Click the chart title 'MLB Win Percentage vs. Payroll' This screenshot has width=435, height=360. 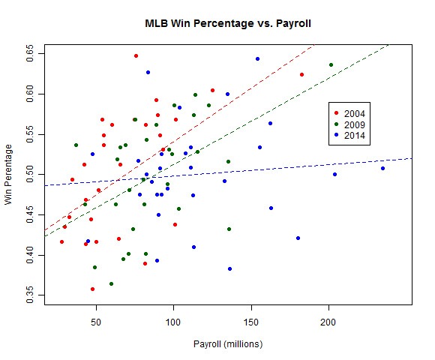click(x=228, y=23)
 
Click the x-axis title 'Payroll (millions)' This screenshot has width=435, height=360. click(x=228, y=344)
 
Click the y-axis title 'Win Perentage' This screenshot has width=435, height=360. click(x=10, y=175)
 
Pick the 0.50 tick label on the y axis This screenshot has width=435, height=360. click(x=30, y=174)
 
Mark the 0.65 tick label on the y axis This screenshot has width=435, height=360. click(x=30, y=53)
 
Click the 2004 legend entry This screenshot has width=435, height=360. click(x=355, y=113)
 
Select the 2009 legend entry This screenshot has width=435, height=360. click(x=355, y=124)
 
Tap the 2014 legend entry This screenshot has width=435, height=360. click(x=355, y=135)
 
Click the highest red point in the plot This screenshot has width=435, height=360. click(x=136, y=55)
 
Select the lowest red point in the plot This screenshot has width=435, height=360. click(x=93, y=289)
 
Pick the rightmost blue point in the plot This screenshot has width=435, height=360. click(x=382, y=168)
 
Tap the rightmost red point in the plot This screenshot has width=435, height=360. click(x=301, y=74)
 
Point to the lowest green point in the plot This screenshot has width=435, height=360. click(x=111, y=283)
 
